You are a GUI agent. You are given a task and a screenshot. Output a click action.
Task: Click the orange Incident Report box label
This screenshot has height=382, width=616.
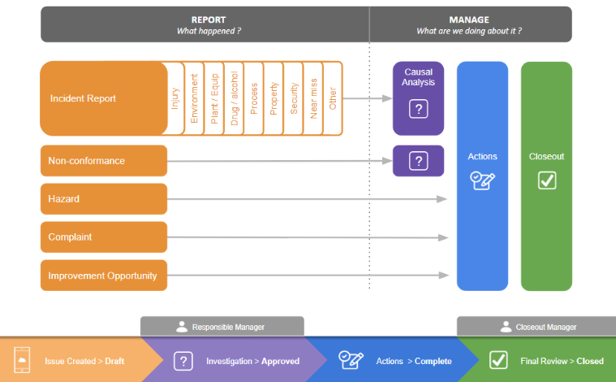[x=84, y=98]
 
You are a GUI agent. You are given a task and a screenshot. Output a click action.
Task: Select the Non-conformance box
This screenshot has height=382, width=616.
[x=104, y=161]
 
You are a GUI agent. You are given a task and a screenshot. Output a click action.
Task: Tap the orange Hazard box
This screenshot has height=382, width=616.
[x=104, y=199]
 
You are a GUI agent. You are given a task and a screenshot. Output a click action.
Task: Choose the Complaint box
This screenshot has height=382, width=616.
[x=104, y=237]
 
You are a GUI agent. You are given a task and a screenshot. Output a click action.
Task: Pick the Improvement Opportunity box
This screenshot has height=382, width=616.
[x=104, y=276]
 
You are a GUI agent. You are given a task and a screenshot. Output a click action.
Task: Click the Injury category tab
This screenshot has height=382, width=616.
[x=174, y=98]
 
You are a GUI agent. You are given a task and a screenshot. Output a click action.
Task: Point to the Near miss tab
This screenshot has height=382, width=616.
[x=313, y=98]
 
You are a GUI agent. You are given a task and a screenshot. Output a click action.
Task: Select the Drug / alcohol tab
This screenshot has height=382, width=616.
[x=235, y=98]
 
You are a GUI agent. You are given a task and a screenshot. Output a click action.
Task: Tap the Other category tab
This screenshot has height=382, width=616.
[x=334, y=98]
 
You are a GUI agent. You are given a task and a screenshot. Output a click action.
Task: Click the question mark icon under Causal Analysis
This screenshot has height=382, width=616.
[x=418, y=108]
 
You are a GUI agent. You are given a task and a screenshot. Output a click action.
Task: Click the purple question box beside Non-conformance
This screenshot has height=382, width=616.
[x=418, y=161]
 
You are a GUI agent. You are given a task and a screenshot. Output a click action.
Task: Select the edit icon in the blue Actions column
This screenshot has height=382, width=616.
[x=483, y=180]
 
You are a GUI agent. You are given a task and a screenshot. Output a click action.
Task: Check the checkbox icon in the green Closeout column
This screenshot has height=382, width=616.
[x=547, y=180]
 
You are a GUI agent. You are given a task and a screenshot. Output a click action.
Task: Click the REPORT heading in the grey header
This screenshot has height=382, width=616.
[x=209, y=19]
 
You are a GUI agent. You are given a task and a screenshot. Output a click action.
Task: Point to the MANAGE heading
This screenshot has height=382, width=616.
[x=469, y=19]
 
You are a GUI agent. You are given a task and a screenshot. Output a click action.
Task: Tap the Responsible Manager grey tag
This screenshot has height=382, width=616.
[x=222, y=327]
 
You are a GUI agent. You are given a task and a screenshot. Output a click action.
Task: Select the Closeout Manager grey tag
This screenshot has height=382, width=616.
[x=539, y=327]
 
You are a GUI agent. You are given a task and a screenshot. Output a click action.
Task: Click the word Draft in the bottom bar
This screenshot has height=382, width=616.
[x=114, y=361]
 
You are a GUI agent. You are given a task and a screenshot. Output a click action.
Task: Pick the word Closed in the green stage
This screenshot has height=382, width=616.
[x=590, y=361]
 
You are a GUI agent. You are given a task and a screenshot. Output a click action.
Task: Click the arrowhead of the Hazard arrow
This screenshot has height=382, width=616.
[x=443, y=199]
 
